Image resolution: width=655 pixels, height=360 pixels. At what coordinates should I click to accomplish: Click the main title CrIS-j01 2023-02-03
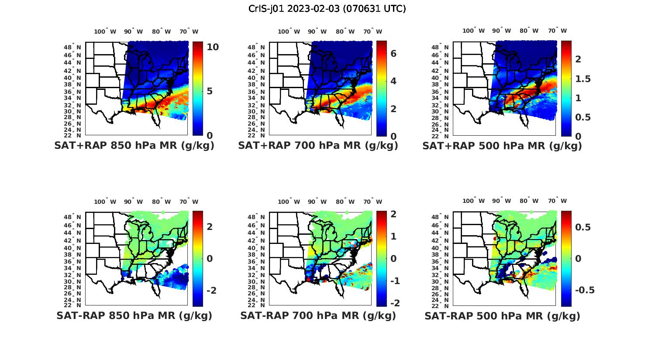[327, 9]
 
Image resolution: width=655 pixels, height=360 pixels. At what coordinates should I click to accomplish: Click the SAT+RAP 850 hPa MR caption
[134, 146]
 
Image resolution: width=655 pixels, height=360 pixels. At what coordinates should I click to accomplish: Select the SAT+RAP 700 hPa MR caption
[318, 146]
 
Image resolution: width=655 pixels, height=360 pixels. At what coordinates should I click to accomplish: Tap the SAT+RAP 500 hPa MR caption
[502, 146]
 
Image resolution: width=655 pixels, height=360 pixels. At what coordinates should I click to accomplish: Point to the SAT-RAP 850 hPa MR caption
[134, 315]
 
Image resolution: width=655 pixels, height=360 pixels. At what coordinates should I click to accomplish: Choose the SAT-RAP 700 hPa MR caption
[318, 315]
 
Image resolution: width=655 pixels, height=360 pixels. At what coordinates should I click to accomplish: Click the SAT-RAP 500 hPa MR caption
[502, 315]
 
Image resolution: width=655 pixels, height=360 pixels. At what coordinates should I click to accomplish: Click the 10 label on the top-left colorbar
[213, 47]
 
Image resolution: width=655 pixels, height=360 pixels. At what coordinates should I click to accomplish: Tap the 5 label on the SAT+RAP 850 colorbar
[210, 91]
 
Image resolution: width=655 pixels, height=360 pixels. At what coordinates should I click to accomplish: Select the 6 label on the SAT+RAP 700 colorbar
[393, 53]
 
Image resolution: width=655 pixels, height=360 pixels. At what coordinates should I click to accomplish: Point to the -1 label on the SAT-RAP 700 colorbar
[394, 281]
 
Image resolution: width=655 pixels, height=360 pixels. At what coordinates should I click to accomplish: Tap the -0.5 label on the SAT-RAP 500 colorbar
[584, 291]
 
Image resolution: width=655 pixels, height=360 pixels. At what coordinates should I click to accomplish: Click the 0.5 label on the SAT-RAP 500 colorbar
[583, 227]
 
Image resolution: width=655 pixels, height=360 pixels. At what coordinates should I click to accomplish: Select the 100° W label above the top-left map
[105, 31]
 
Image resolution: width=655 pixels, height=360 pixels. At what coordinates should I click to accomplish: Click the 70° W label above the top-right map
[557, 31]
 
